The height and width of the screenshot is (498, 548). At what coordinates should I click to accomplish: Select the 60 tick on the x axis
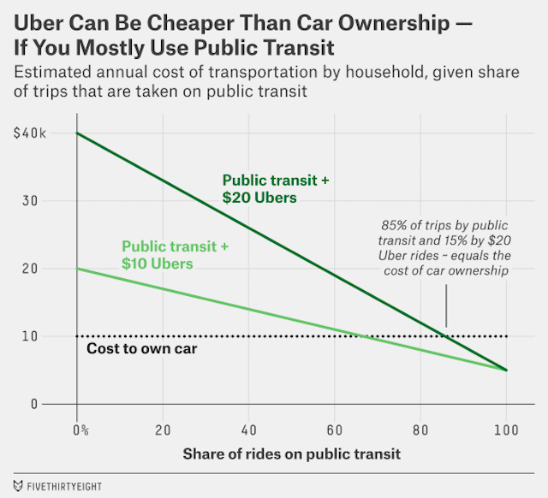coord(334,428)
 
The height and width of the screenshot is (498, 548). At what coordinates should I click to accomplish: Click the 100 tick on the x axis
coord(505,428)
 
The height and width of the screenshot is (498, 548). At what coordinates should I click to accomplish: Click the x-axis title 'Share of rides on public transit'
coord(291,453)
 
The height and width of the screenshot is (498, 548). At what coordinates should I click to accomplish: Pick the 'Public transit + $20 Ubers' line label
coord(276,189)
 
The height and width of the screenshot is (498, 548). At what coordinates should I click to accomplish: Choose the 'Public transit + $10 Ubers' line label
coord(175,254)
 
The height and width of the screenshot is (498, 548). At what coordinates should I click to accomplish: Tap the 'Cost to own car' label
coord(142,349)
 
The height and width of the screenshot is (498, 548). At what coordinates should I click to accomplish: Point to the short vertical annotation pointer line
coord(446,306)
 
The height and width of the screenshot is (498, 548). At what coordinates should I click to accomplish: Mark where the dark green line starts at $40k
coord(78,133)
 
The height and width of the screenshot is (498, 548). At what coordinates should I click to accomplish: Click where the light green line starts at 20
coord(78,269)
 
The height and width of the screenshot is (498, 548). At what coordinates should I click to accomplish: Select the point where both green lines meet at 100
coord(505,371)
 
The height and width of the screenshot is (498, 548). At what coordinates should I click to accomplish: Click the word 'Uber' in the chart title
coord(41,18)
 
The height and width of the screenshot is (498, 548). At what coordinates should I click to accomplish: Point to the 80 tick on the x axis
coord(420,428)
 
